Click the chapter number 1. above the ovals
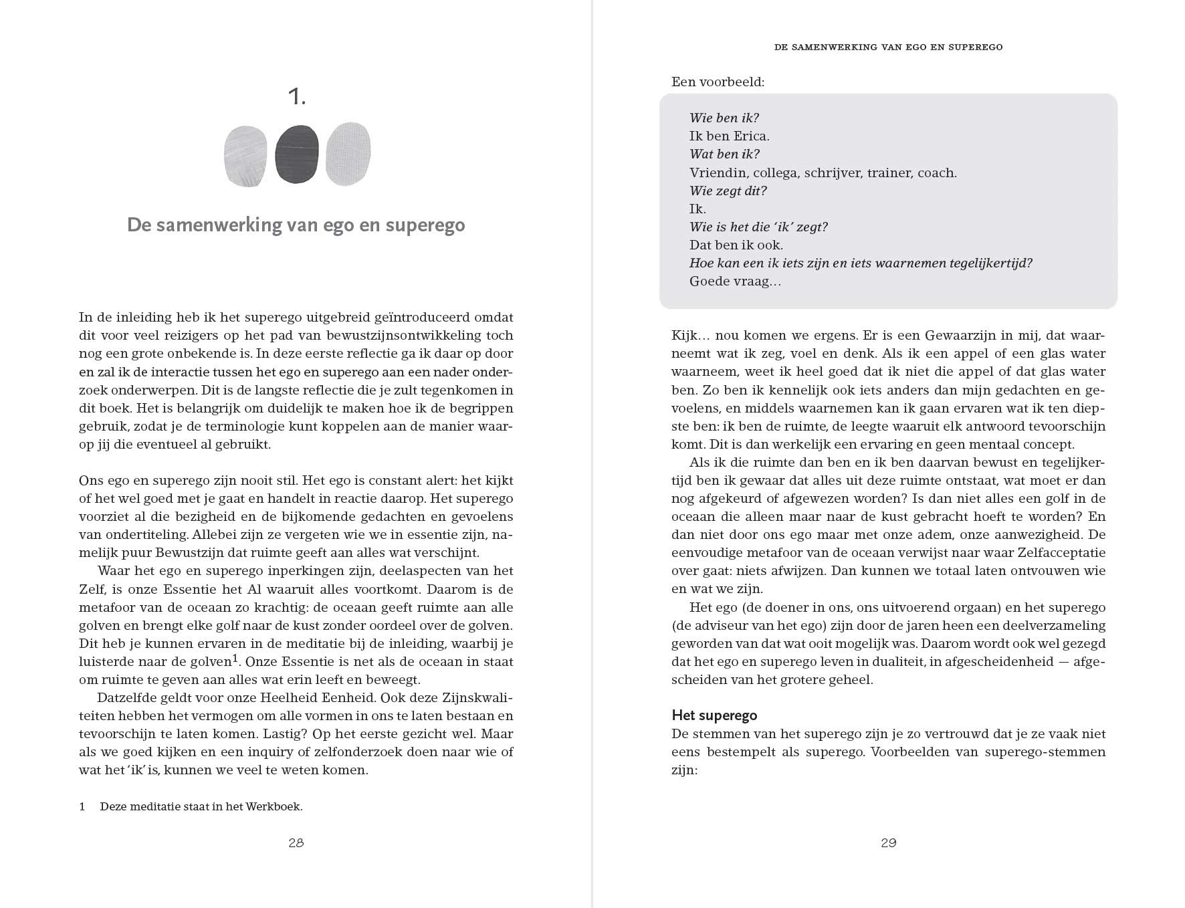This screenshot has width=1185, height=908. (296, 98)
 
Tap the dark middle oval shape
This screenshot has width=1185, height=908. (297, 154)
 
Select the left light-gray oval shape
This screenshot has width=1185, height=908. (245, 156)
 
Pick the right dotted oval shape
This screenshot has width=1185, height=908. (348, 154)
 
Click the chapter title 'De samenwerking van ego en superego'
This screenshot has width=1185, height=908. (296, 225)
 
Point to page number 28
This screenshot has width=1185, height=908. (296, 843)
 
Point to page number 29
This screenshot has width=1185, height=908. (888, 843)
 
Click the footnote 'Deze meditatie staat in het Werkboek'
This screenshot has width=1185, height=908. (201, 806)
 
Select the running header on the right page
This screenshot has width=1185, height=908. (888, 47)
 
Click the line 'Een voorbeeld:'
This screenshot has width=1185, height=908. (718, 82)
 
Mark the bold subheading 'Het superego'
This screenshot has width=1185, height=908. (714, 715)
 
